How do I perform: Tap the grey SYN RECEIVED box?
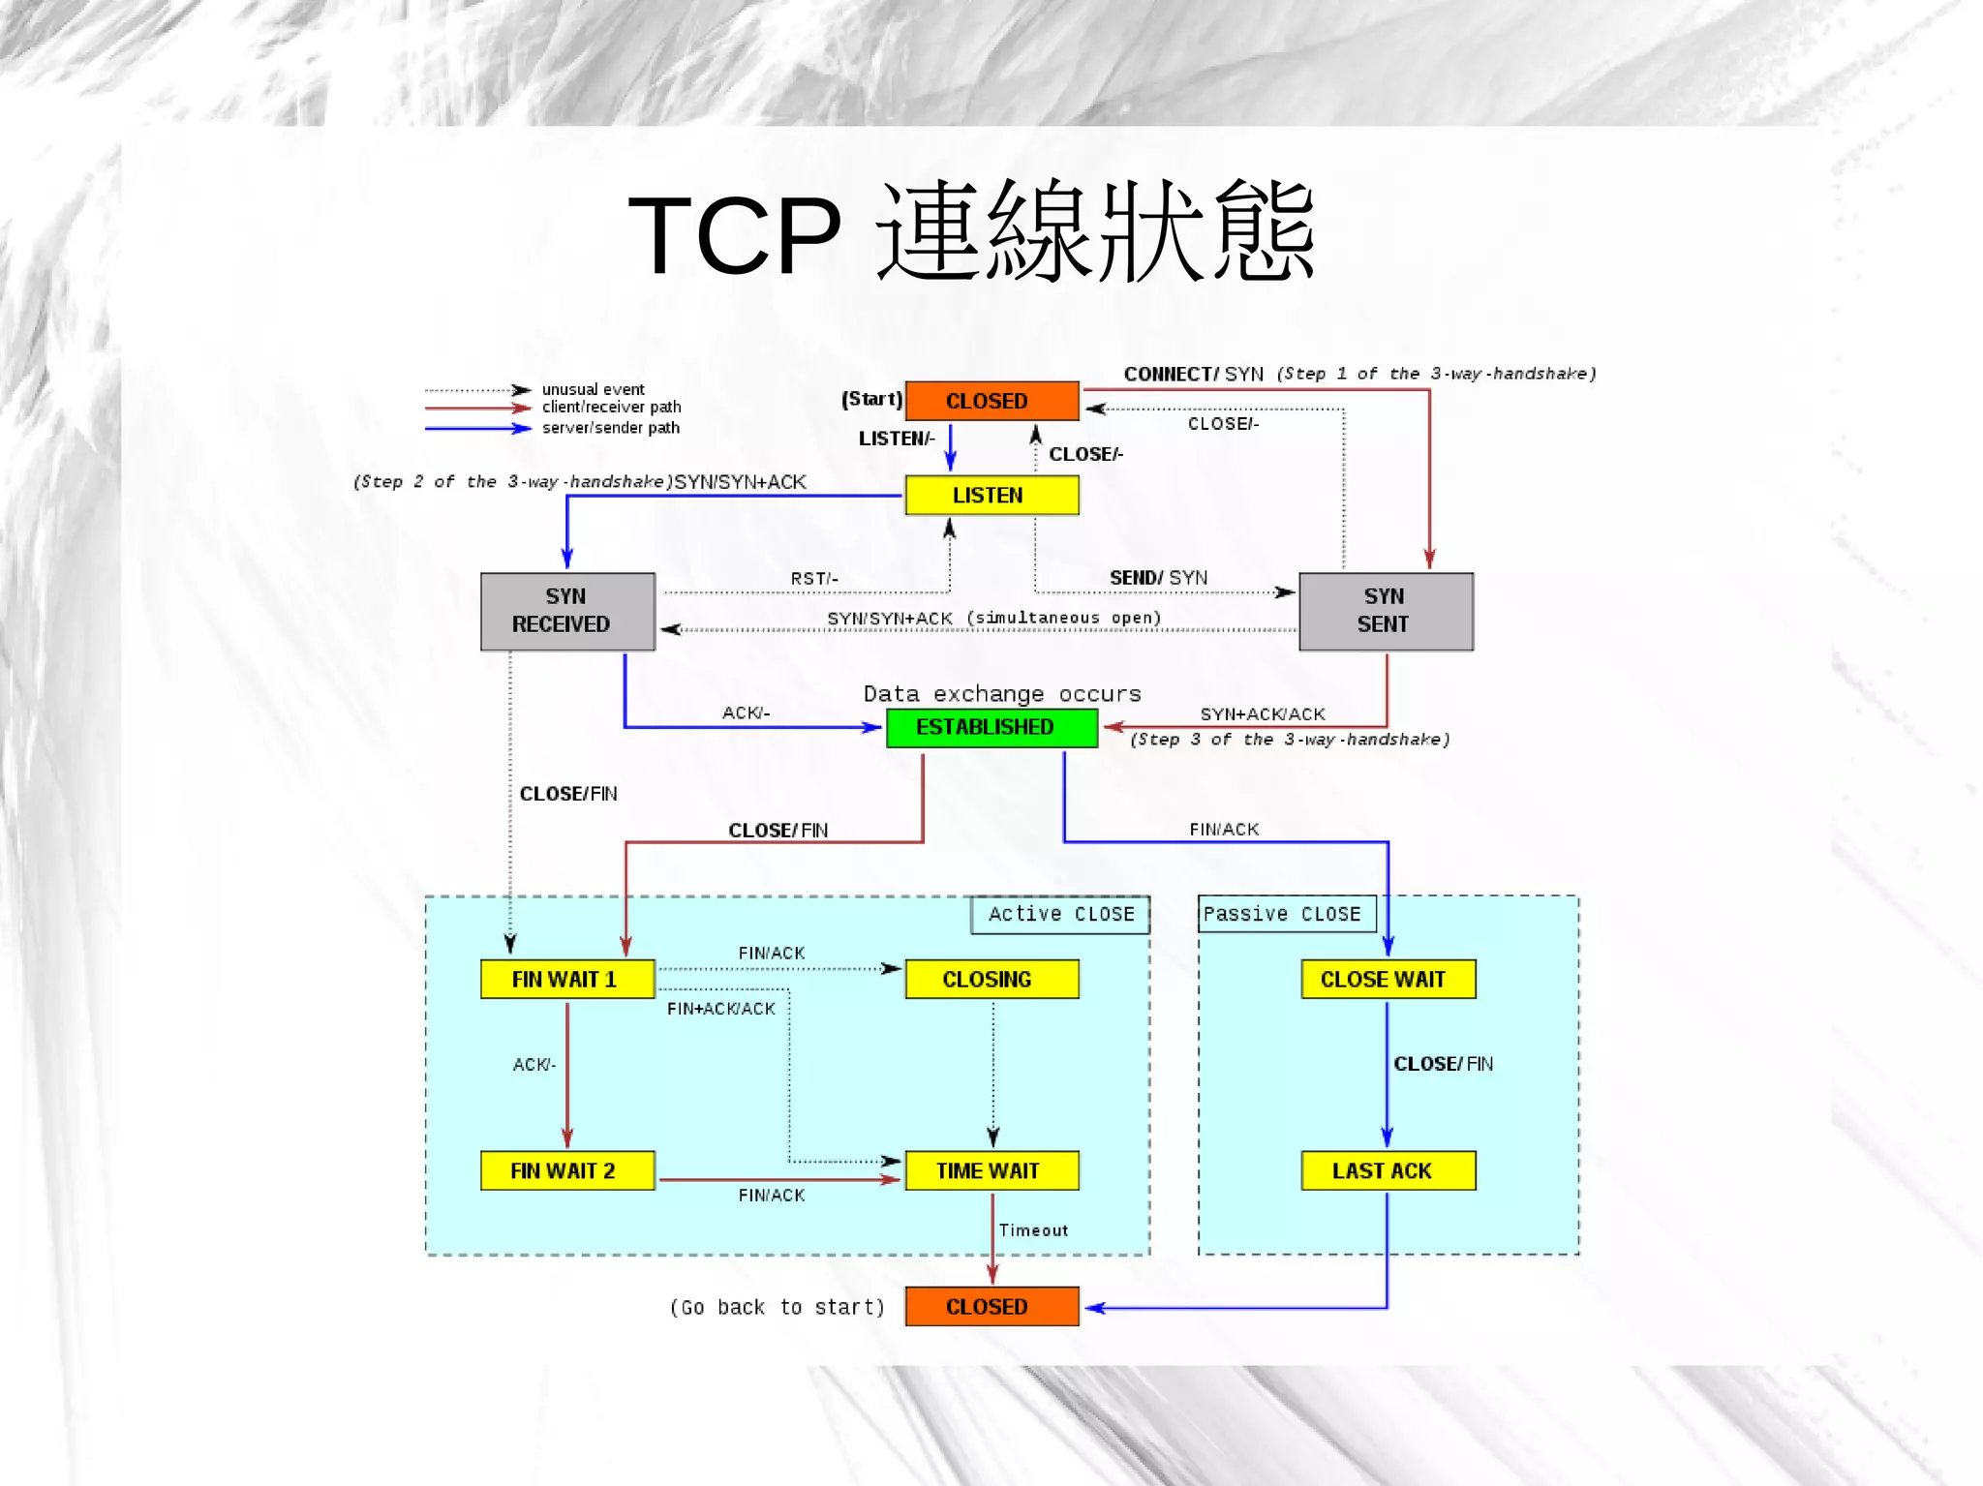(x=567, y=611)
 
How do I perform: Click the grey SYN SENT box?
(x=1386, y=611)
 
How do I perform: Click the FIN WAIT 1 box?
(x=567, y=979)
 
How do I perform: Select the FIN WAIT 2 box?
(x=567, y=1170)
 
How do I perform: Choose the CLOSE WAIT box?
(x=1388, y=979)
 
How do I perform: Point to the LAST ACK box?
(x=1388, y=1170)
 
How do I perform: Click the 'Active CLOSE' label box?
(x=1060, y=914)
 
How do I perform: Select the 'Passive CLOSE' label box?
(x=1286, y=914)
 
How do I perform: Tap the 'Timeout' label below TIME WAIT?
(x=1033, y=1230)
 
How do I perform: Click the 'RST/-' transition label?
(x=814, y=579)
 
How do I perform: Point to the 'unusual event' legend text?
(x=593, y=389)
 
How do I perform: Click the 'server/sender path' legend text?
(x=610, y=428)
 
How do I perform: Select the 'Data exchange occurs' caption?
(x=1002, y=694)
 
